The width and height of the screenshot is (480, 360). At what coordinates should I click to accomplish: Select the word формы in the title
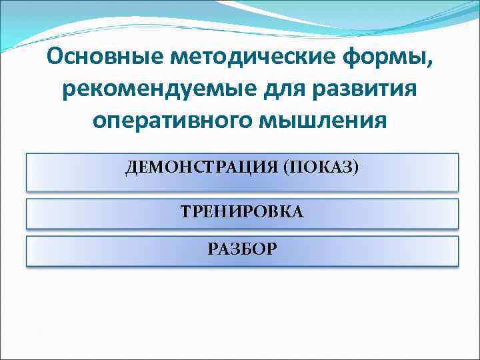391,58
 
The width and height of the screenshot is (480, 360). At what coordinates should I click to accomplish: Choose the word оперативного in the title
169,121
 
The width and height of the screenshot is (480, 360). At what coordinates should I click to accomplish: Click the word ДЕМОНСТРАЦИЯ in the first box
201,166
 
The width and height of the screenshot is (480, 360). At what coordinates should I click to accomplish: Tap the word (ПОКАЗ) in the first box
321,166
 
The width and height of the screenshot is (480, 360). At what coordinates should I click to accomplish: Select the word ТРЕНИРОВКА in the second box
242,212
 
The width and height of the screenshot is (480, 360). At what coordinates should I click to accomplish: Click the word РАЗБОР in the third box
242,249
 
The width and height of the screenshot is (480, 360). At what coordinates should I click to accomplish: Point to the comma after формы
429,65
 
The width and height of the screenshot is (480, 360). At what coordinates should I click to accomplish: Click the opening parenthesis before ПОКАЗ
285,167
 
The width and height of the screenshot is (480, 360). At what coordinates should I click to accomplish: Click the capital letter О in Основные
56,58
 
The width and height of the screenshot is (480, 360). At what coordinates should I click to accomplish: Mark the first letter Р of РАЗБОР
212,249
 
